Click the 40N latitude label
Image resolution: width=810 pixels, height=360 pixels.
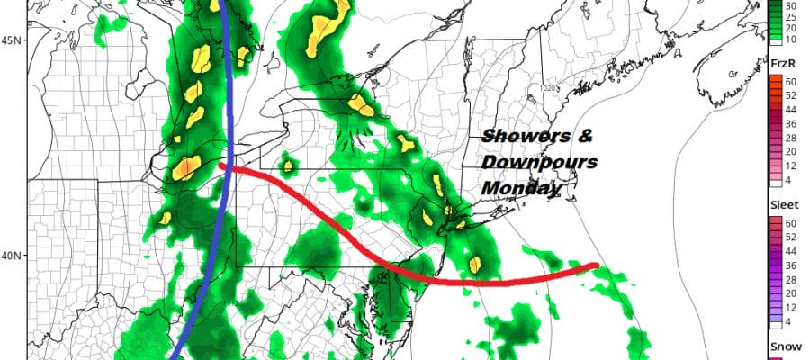coord(13,256)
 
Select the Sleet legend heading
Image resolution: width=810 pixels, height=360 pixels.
coord(781,204)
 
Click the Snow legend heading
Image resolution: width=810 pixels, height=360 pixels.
coord(780,346)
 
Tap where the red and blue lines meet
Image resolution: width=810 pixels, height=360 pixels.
coord(227,166)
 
